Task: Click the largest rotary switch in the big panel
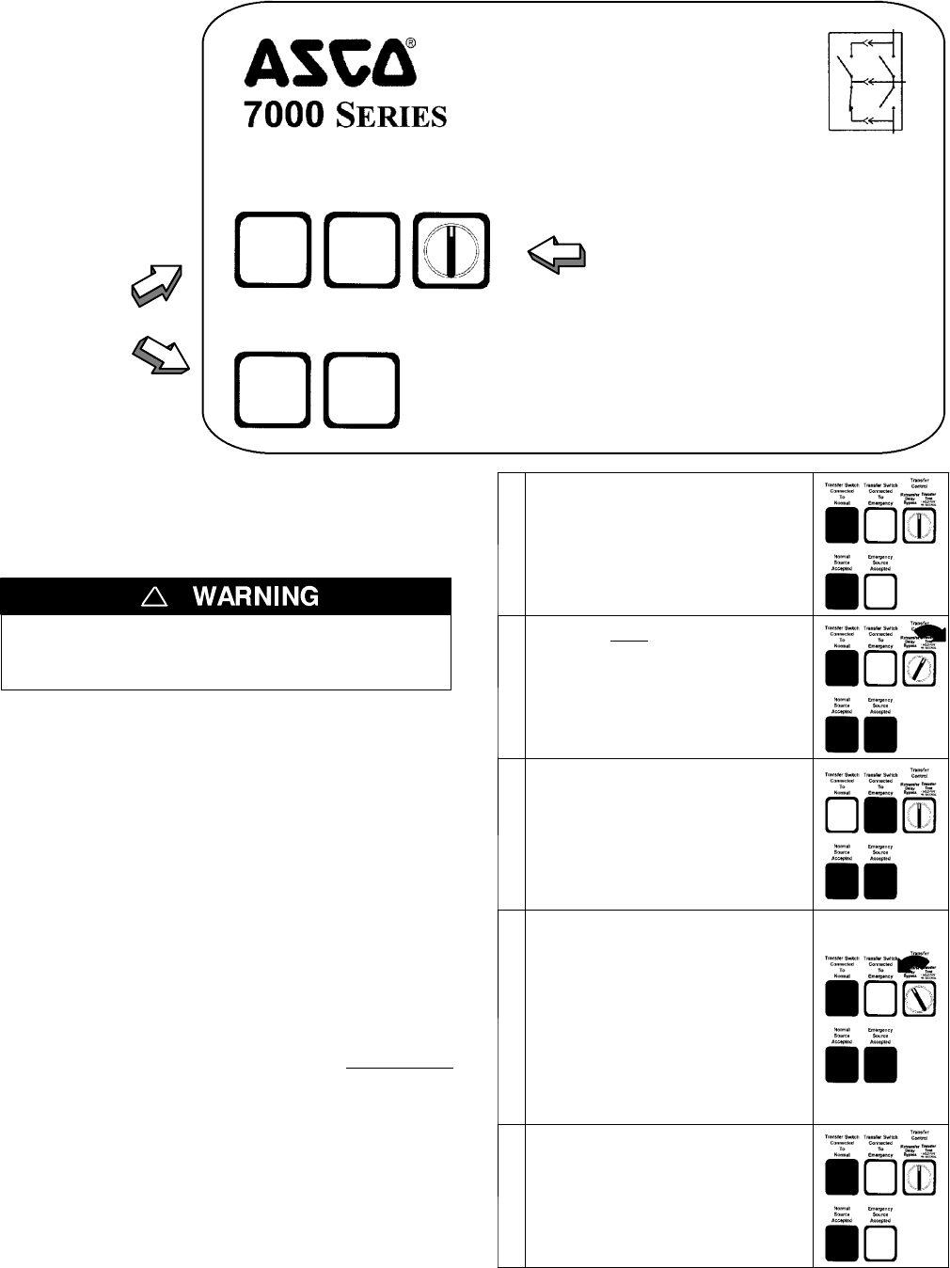pos(451,251)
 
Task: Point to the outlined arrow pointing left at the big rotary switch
pos(556,253)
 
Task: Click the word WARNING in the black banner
pos(256,596)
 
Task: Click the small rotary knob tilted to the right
pos(920,669)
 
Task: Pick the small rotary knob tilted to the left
pos(920,1000)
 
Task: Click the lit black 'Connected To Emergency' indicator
pos(880,816)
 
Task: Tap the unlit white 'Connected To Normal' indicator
pos(842,816)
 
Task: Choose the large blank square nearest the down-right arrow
pos(271,389)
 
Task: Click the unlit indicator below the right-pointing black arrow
pos(880,669)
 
